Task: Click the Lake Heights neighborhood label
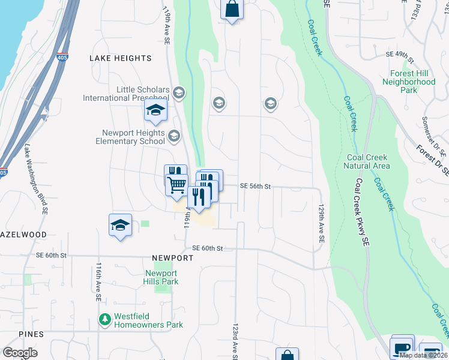pyautogui.click(x=120, y=58)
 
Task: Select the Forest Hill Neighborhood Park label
pyautogui.click(x=409, y=82)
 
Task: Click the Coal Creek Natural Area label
pyautogui.click(x=368, y=161)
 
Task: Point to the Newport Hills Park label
pyautogui.click(x=161, y=277)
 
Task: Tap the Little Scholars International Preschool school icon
pyautogui.click(x=178, y=93)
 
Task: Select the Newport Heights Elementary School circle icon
pyautogui.click(x=174, y=136)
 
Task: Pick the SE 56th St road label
pyautogui.click(x=256, y=187)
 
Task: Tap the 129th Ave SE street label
pyautogui.click(x=322, y=223)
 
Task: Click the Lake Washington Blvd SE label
pyautogui.click(x=35, y=179)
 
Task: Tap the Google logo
pyautogui.click(x=20, y=353)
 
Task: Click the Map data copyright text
pyautogui.click(x=423, y=355)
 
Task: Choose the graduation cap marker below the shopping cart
pyautogui.click(x=120, y=226)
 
